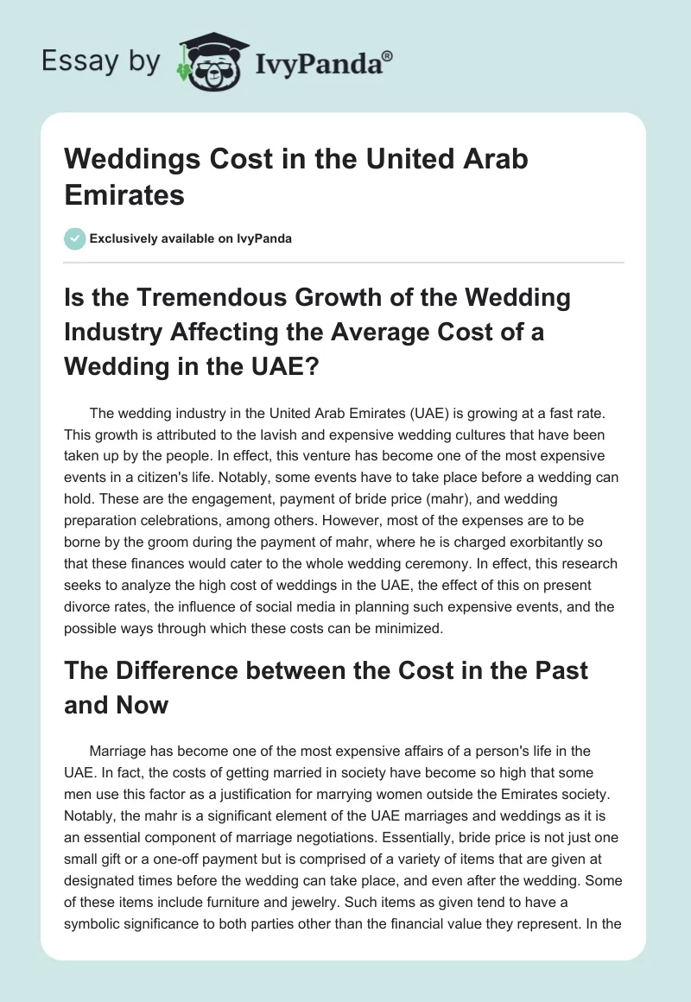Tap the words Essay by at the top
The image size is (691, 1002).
(x=102, y=62)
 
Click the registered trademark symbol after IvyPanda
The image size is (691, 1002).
(x=388, y=56)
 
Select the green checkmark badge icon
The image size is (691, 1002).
(x=75, y=238)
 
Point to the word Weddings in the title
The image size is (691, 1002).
(x=129, y=160)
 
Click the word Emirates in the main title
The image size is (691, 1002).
(x=124, y=194)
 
